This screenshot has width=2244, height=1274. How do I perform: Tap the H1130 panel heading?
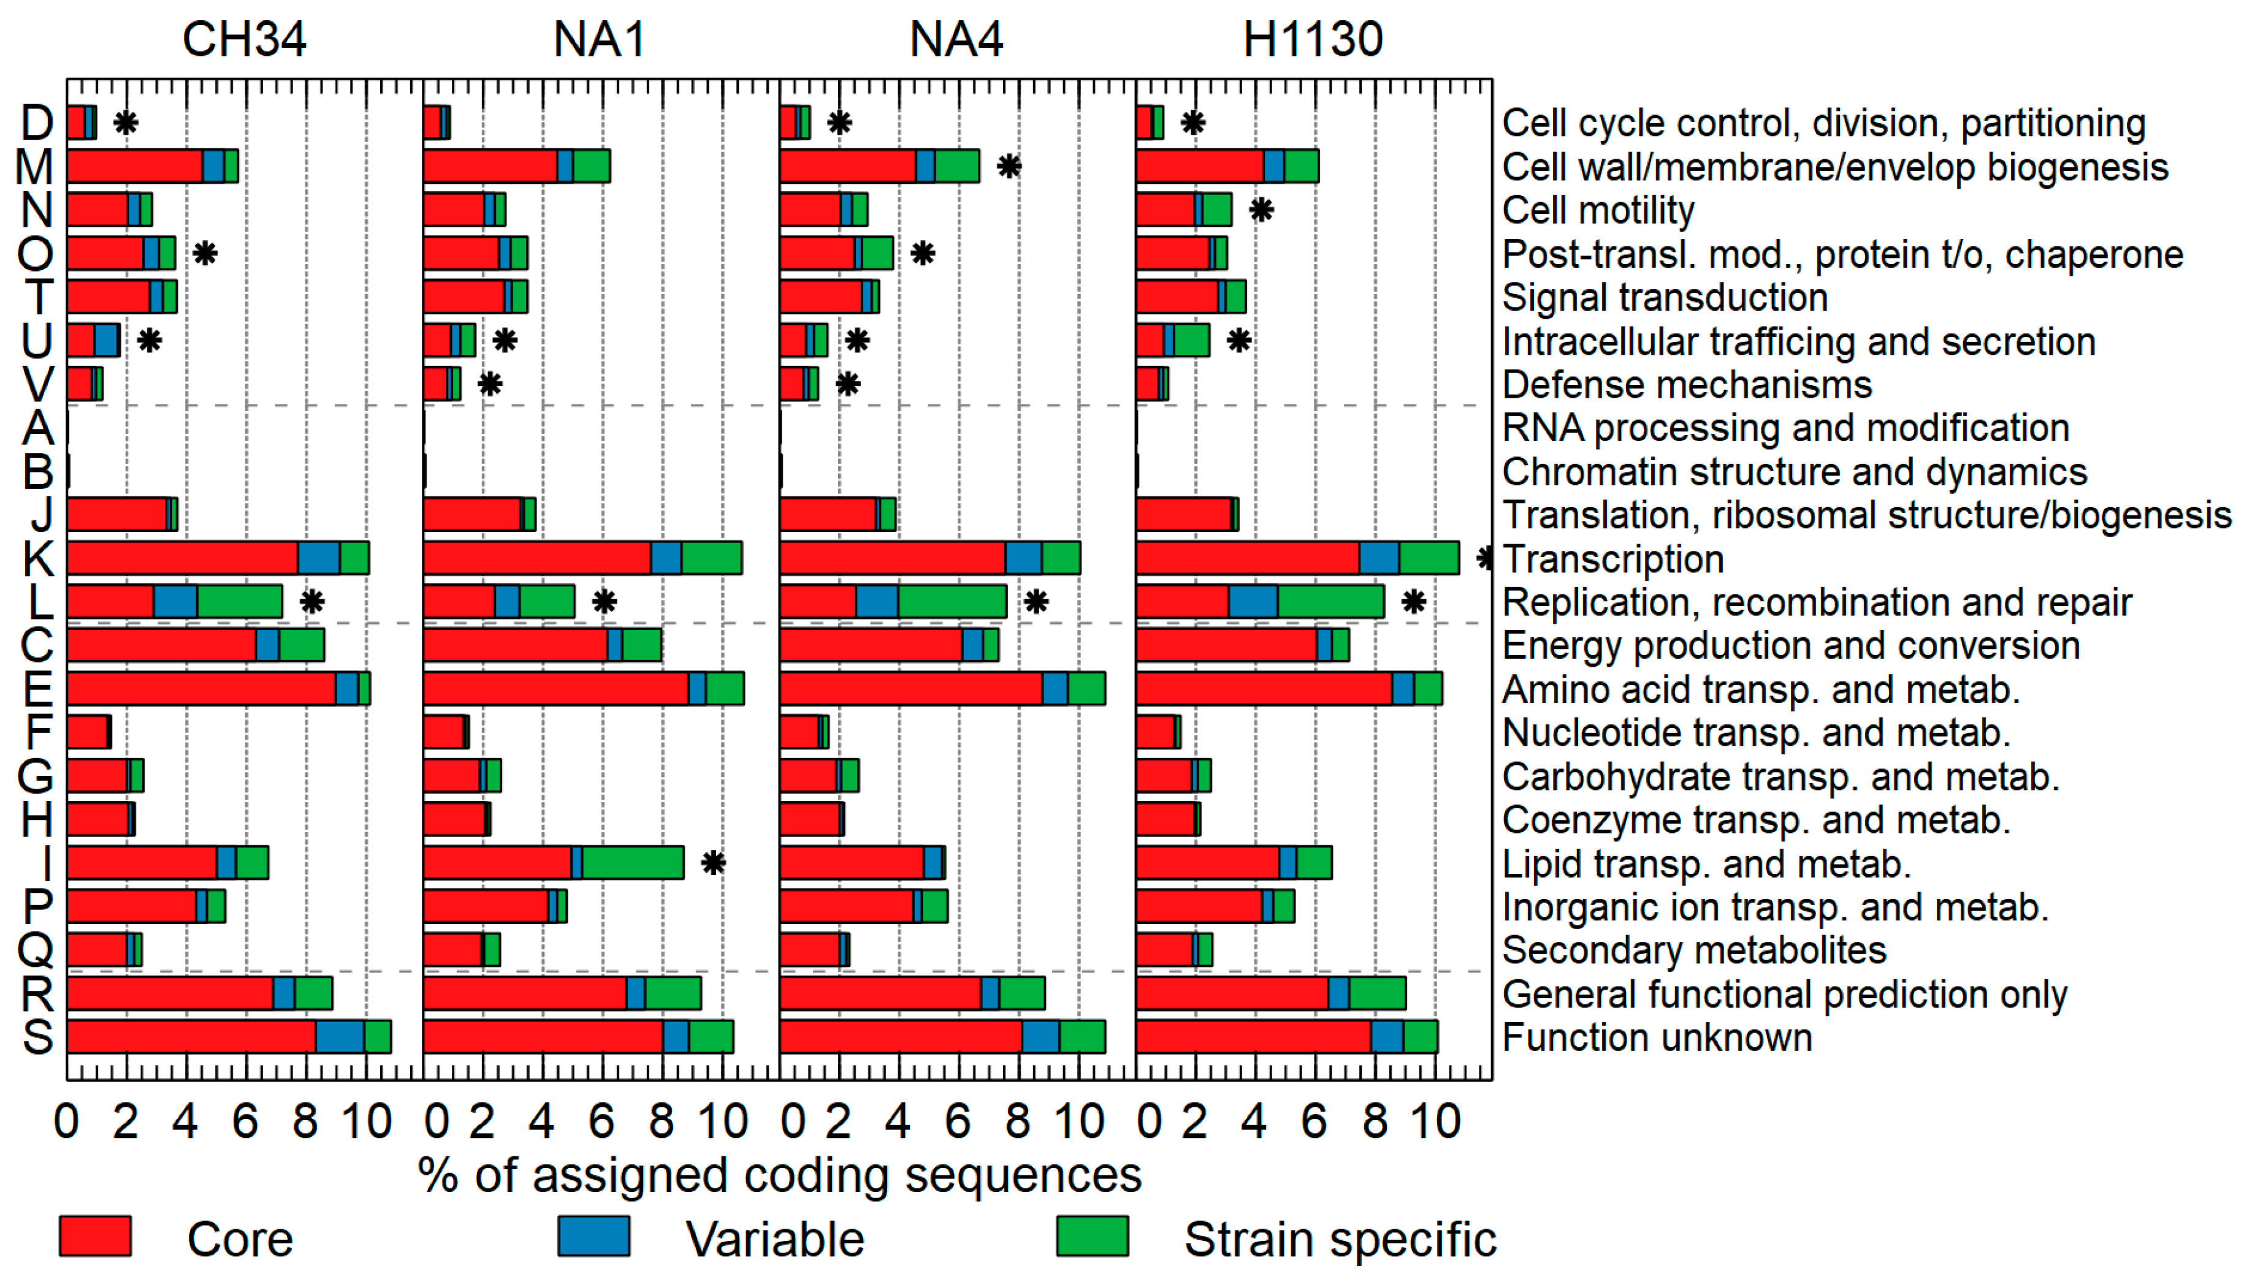(x=1312, y=39)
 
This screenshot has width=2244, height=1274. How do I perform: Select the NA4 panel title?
(x=956, y=39)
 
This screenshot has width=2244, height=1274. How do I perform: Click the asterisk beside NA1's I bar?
(x=713, y=863)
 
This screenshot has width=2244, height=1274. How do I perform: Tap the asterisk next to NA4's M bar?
(x=1009, y=165)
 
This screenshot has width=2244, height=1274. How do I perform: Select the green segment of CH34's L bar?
(x=240, y=602)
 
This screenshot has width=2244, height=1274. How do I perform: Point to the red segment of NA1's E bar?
(x=555, y=689)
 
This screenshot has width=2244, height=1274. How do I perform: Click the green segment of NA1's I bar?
(x=632, y=863)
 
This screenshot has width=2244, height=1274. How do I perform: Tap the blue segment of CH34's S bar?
(x=340, y=1037)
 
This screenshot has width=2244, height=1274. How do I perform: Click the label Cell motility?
(x=1598, y=210)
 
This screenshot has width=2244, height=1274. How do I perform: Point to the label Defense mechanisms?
(x=1687, y=384)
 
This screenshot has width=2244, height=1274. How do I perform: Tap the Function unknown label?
(x=1657, y=1037)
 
